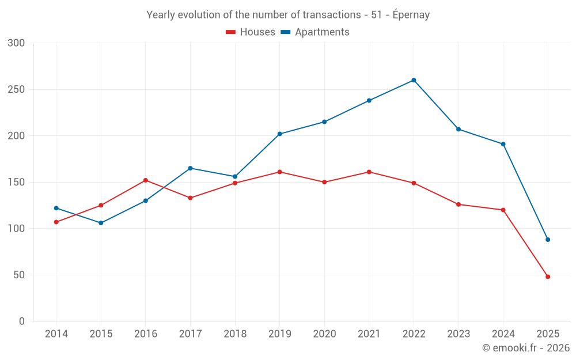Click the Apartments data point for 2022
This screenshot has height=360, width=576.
point(414,80)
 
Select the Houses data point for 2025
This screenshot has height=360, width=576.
point(548,276)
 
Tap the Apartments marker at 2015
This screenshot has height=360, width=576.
point(101,223)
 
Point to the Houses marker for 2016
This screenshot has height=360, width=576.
point(146,180)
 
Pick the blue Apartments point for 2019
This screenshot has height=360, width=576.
point(279,134)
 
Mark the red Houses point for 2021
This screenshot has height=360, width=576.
point(369,172)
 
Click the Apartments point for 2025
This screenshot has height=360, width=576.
point(548,240)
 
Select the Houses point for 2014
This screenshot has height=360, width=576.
point(56,222)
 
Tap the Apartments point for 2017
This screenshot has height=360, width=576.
point(190,168)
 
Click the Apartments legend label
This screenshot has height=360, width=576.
point(322,32)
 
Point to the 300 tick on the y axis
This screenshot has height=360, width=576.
point(17,43)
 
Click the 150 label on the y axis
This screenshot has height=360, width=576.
point(17,182)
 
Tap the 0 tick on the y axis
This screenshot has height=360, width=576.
point(22,321)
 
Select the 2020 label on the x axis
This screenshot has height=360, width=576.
point(324,334)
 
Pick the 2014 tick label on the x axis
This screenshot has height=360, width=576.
point(56,334)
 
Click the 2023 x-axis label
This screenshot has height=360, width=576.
point(458,334)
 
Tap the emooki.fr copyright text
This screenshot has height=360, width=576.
point(526,348)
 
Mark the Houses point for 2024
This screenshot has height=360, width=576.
point(503,210)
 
